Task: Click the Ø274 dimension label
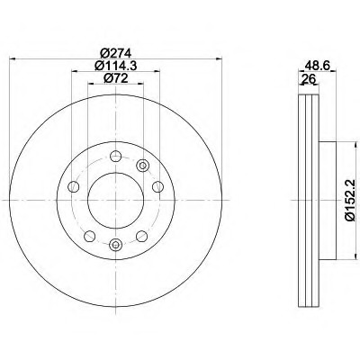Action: (116, 54)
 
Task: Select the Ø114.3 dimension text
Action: (116, 66)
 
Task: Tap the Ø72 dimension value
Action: (116, 78)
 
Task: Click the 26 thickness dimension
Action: (309, 79)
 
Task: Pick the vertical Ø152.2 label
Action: (350, 200)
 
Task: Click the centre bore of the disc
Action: (115, 201)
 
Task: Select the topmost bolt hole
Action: (115, 156)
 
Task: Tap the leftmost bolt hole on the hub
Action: (74, 187)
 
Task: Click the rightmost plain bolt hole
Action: (157, 187)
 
